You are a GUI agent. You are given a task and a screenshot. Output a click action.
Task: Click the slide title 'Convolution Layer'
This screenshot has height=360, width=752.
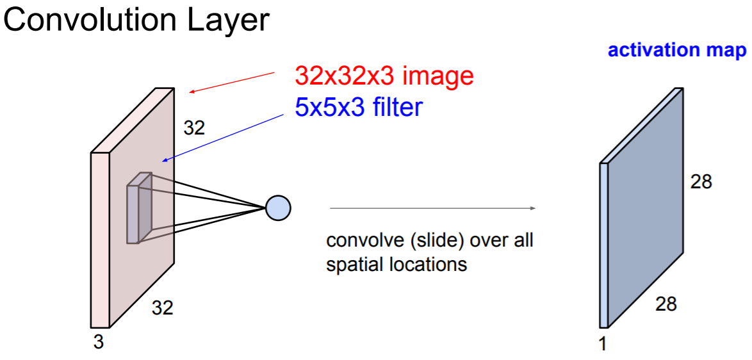pos(136,20)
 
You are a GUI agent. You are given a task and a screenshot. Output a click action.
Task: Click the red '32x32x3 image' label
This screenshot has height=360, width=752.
pos(384,76)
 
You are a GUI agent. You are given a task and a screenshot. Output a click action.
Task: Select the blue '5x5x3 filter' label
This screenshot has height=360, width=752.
pos(359,107)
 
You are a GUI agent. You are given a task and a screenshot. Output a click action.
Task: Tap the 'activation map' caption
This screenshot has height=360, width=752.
pos(677,51)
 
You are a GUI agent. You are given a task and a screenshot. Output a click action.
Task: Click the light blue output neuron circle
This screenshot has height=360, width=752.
pos(278,207)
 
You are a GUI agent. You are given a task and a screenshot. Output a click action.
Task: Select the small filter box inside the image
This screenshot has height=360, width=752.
pos(139,208)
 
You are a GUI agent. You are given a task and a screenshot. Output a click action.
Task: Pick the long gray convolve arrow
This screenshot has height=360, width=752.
pos(432,208)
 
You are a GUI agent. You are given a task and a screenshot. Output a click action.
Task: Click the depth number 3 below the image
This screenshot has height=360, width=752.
pos(98,343)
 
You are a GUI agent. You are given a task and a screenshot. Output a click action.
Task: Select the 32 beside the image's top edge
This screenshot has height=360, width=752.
pos(194,128)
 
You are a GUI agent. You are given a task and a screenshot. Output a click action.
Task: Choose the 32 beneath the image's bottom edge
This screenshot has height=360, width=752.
pos(162,308)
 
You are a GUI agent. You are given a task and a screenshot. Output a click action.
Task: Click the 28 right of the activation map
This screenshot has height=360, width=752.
pos(701,182)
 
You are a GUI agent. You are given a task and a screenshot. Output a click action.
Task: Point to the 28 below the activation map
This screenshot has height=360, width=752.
pos(666,304)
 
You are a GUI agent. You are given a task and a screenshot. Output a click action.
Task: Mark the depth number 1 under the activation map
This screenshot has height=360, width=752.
pos(602,344)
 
